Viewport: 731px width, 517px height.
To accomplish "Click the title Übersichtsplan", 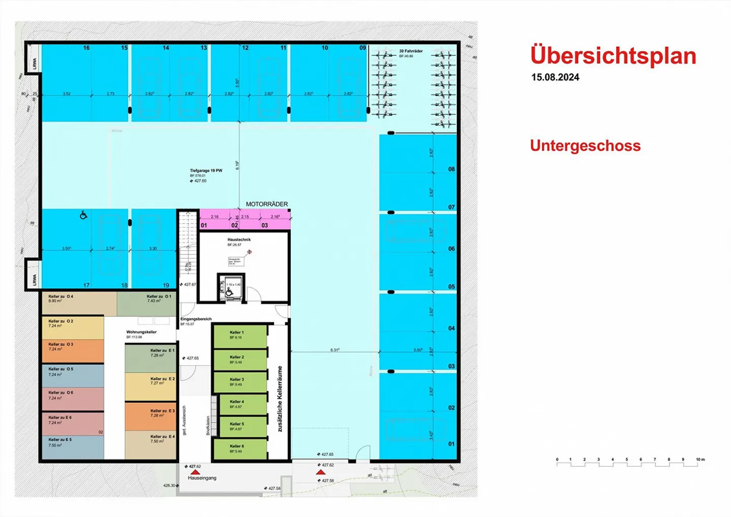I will pos(613,56).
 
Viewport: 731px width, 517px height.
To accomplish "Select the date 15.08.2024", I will pos(555,78).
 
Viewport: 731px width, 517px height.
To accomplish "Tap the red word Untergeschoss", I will pos(585,146).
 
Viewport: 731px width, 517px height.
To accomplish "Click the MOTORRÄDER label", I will pos(267,204).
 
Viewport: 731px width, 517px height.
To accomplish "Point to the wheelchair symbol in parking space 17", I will pos(83,215).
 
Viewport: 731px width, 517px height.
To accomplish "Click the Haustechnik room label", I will pos(239,240).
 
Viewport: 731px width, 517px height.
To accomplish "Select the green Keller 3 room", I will pos(240,382).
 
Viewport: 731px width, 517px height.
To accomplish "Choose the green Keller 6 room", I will pos(240,448).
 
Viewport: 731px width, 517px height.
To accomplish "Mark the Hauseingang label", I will pos(202,478).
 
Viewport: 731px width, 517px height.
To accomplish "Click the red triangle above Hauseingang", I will pos(195,472).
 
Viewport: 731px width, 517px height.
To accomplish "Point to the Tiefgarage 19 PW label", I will pos(206,171).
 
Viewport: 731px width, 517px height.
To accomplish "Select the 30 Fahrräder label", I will pos(411,51).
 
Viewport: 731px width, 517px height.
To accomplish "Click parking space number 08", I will pos(451,169).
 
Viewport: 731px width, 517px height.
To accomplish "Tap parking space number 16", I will pos(86,48).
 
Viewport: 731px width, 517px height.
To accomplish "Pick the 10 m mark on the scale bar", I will pos(700,460).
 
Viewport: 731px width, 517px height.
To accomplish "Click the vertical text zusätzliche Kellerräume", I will pos(279,399).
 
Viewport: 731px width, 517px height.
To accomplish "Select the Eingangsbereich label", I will pos(196,319).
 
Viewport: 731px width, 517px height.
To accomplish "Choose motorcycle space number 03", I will pos(264,225).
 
